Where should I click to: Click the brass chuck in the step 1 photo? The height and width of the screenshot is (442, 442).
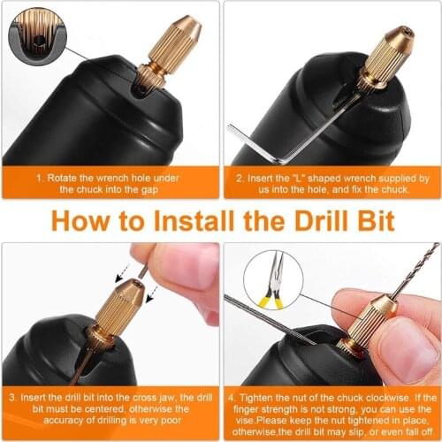tap(161, 62)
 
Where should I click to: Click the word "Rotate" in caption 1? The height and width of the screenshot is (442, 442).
tap(67, 178)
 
